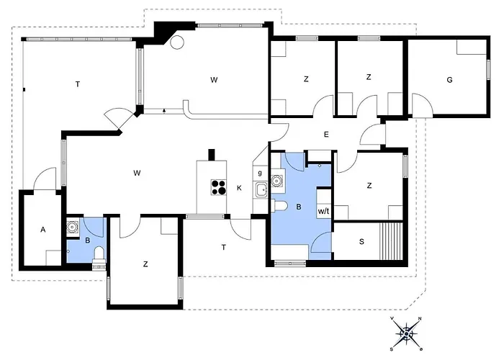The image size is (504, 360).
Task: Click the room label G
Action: pos(449,80)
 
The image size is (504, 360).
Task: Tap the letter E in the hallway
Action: pos(326,135)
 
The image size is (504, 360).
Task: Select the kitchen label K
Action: pos(240,189)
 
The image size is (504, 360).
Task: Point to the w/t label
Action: pos(323,212)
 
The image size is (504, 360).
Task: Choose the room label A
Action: pos(43,230)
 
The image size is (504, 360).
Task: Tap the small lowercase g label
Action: pos(260,174)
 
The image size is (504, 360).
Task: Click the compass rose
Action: pos(407,333)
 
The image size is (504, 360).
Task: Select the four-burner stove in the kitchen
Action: pos(217,188)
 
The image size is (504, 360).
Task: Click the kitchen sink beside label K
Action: pos(261,191)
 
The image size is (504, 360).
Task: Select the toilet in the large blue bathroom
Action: pos(279,207)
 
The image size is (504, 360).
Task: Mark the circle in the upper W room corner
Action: pos(176,42)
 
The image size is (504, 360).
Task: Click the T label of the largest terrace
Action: pos(78,85)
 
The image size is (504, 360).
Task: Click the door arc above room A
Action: pos(45,178)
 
